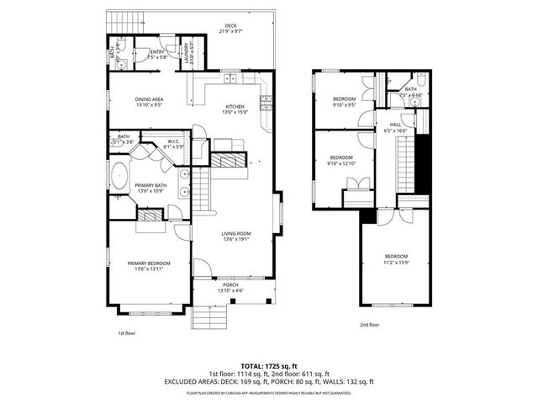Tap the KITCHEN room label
point(235,108)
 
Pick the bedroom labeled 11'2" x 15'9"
point(397,258)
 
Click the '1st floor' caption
point(126,332)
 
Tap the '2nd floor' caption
point(370,325)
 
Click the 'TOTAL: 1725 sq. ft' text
point(269,366)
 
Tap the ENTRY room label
point(156,54)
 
